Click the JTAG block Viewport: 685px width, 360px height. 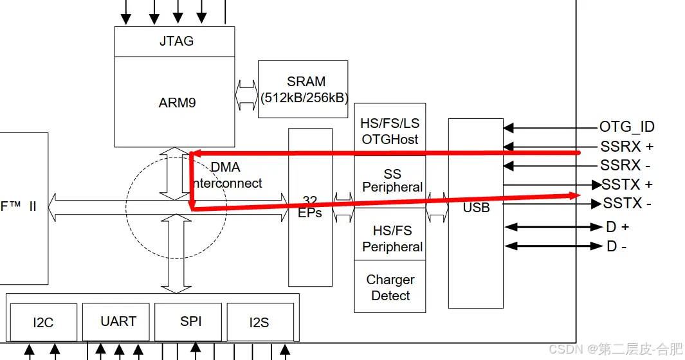[x=174, y=41]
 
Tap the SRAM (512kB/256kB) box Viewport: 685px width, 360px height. [x=303, y=89]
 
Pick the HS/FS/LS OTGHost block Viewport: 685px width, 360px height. [x=390, y=131]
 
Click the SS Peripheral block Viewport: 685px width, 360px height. [x=392, y=181]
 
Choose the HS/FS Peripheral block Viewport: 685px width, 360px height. [x=392, y=239]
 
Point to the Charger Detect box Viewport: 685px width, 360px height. [x=390, y=287]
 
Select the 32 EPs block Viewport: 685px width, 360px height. [x=310, y=207]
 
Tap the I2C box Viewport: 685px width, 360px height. [x=43, y=322]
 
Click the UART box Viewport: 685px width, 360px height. [x=118, y=321]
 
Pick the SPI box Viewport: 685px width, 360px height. [x=191, y=321]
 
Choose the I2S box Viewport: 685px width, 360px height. [x=259, y=322]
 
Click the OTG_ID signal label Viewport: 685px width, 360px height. [x=626, y=127]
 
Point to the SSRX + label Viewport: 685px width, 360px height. [x=626, y=147]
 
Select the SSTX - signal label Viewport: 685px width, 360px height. [x=627, y=204]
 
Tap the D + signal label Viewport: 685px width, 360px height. [x=617, y=227]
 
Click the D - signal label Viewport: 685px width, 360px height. [x=616, y=246]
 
